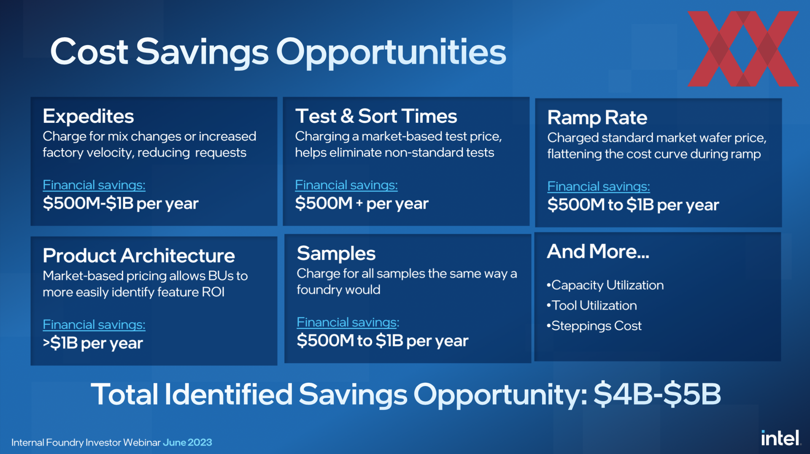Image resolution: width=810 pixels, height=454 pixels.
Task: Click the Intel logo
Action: tap(781, 438)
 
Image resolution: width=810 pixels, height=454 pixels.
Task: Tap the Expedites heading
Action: tap(88, 116)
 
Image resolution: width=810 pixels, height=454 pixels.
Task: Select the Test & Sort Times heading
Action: tap(376, 116)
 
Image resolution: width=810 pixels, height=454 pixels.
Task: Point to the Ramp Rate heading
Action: tap(597, 118)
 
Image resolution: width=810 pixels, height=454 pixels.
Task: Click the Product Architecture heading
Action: tap(139, 256)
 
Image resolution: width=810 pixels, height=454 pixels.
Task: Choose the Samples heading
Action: tap(336, 254)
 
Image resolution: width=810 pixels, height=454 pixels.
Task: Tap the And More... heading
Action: tap(598, 251)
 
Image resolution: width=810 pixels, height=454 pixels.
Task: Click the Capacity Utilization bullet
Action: tap(605, 285)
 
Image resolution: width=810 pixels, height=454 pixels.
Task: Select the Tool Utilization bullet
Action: tap(591, 305)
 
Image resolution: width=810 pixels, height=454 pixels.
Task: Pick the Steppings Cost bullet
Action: tap(594, 326)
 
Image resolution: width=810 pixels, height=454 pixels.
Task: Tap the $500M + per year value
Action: tap(362, 204)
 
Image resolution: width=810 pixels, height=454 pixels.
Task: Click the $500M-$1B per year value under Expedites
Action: tap(120, 204)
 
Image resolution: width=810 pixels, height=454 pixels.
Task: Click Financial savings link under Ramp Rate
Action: tap(598, 186)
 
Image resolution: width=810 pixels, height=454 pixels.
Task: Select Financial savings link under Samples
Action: tap(348, 322)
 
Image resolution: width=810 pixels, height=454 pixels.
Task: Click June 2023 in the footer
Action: tap(187, 443)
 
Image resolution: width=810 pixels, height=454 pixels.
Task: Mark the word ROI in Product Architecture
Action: tap(213, 292)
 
